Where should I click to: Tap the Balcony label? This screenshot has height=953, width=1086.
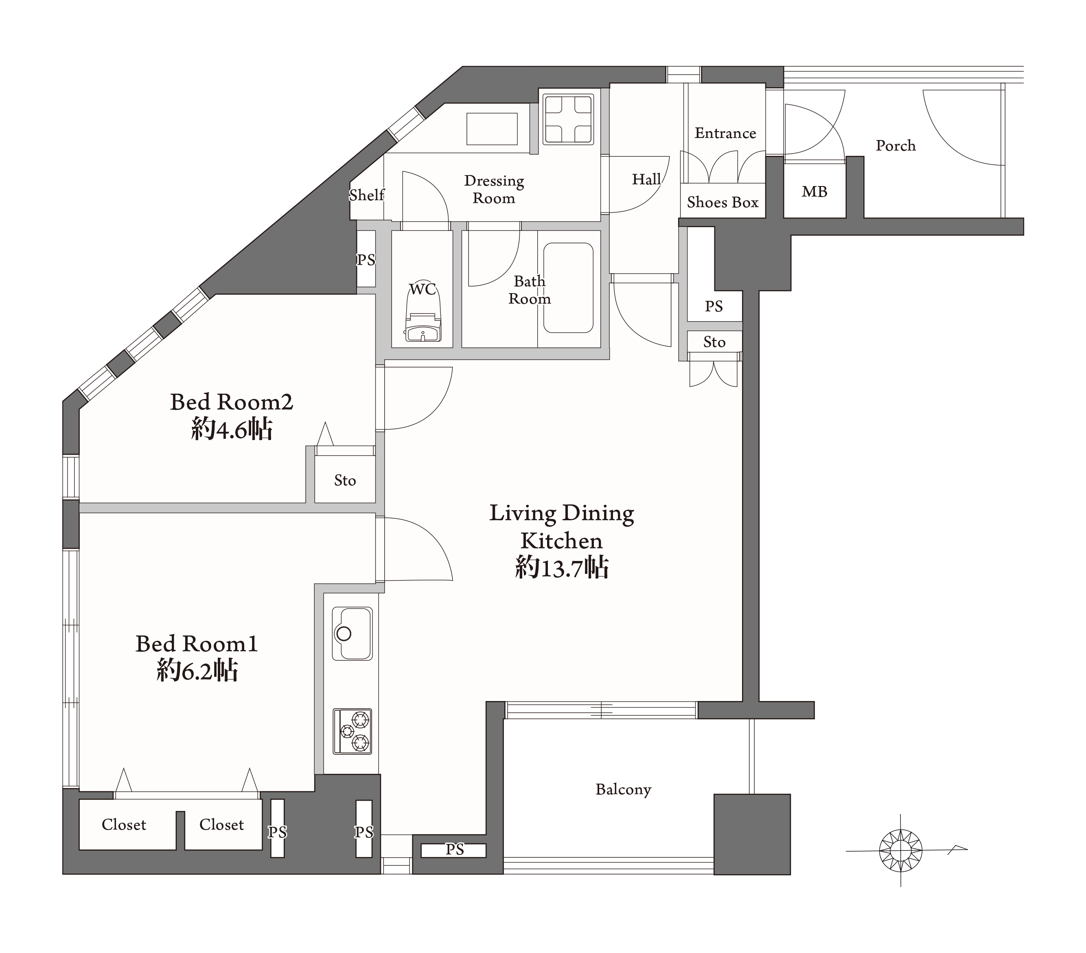(623, 789)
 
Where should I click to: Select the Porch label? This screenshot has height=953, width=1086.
(896, 146)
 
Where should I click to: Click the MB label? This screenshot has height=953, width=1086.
(814, 191)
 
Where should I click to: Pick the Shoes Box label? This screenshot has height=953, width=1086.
(723, 202)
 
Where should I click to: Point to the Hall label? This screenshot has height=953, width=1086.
(647, 179)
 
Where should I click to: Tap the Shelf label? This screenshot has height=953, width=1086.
(367, 195)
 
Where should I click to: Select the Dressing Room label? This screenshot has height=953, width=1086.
(494, 189)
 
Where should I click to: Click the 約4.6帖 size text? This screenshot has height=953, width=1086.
(232, 429)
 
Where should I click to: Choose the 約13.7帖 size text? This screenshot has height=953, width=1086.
(562, 567)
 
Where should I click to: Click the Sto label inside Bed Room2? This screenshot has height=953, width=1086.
(345, 480)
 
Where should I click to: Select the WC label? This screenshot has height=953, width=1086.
(423, 289)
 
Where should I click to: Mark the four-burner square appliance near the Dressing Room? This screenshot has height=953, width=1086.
(568, 119)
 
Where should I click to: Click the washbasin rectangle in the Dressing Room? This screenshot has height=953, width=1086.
(492, 129)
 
